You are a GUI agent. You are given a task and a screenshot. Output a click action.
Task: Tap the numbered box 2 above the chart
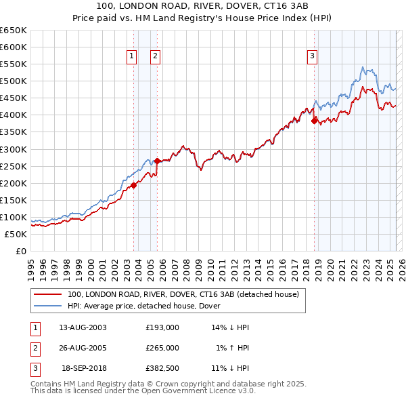155,57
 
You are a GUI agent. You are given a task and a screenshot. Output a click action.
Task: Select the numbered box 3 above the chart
312,57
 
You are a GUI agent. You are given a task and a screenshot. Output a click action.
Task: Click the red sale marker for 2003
133,185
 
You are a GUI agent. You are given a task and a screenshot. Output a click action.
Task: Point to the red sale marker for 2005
158,161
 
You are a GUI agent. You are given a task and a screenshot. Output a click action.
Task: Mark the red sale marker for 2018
315,121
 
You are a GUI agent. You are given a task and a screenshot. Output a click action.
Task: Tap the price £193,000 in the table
162,327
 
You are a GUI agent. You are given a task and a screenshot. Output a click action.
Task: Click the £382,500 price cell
162,368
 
